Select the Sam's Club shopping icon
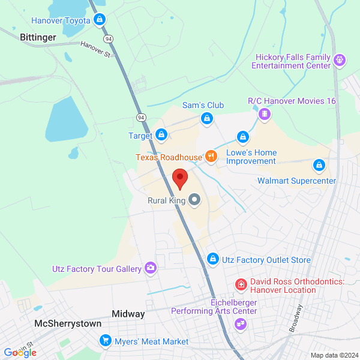coord(206,118)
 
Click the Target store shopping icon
coord(161,136)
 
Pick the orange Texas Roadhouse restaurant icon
coord(211,157)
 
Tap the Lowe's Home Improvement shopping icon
coord(242,138)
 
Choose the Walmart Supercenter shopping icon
coord(319,164)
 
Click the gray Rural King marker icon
coord(194,200)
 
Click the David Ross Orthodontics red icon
coord(241,282)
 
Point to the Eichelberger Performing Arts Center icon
coord(241,324)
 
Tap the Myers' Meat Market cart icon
coord(106,341)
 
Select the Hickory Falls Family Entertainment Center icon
coord(340,60)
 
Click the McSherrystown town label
coord(68,323)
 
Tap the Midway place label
coord(128,314)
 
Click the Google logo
coord(20,352)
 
